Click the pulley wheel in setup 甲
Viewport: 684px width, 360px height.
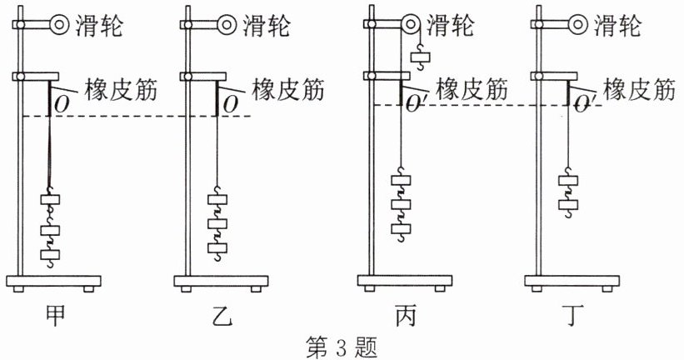(60, 25)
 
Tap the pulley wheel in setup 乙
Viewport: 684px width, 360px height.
(227, 25)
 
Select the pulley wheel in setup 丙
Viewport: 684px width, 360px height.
(411, 25)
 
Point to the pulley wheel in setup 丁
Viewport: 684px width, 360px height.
(578, 25)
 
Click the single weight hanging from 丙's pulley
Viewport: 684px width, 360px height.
(421, 57)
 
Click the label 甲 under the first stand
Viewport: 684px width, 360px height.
(55, 317)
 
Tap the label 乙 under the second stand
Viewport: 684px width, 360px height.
(222, 317)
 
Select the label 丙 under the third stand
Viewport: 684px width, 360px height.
(406, 317)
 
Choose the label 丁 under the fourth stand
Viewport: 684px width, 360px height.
(572, 317)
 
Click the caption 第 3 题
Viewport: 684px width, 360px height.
(342, 347)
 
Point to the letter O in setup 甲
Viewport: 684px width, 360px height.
(62, 105)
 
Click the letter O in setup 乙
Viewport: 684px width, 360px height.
(230, 105)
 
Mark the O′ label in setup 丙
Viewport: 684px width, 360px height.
(412, 105)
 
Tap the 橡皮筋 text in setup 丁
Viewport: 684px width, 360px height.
(639, 90)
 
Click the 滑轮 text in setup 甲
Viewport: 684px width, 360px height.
(99, 25)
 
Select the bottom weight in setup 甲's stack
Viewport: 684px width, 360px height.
(50, 254)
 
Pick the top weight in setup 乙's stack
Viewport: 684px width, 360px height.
(217, 199)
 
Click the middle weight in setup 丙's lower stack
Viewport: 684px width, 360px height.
(402, 204)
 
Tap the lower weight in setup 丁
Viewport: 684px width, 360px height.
(568, 205)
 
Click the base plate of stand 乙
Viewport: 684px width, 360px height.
(221, 281)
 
